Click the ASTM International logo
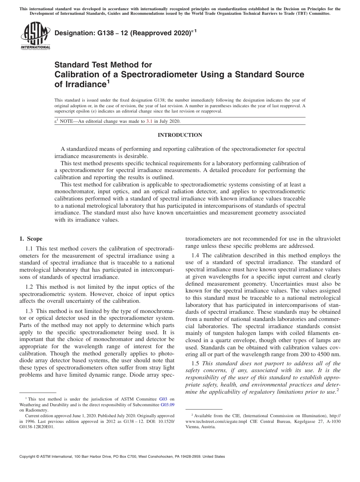35,36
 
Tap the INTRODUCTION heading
180,135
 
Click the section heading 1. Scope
31,239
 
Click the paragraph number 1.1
29,249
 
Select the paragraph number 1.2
29,287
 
